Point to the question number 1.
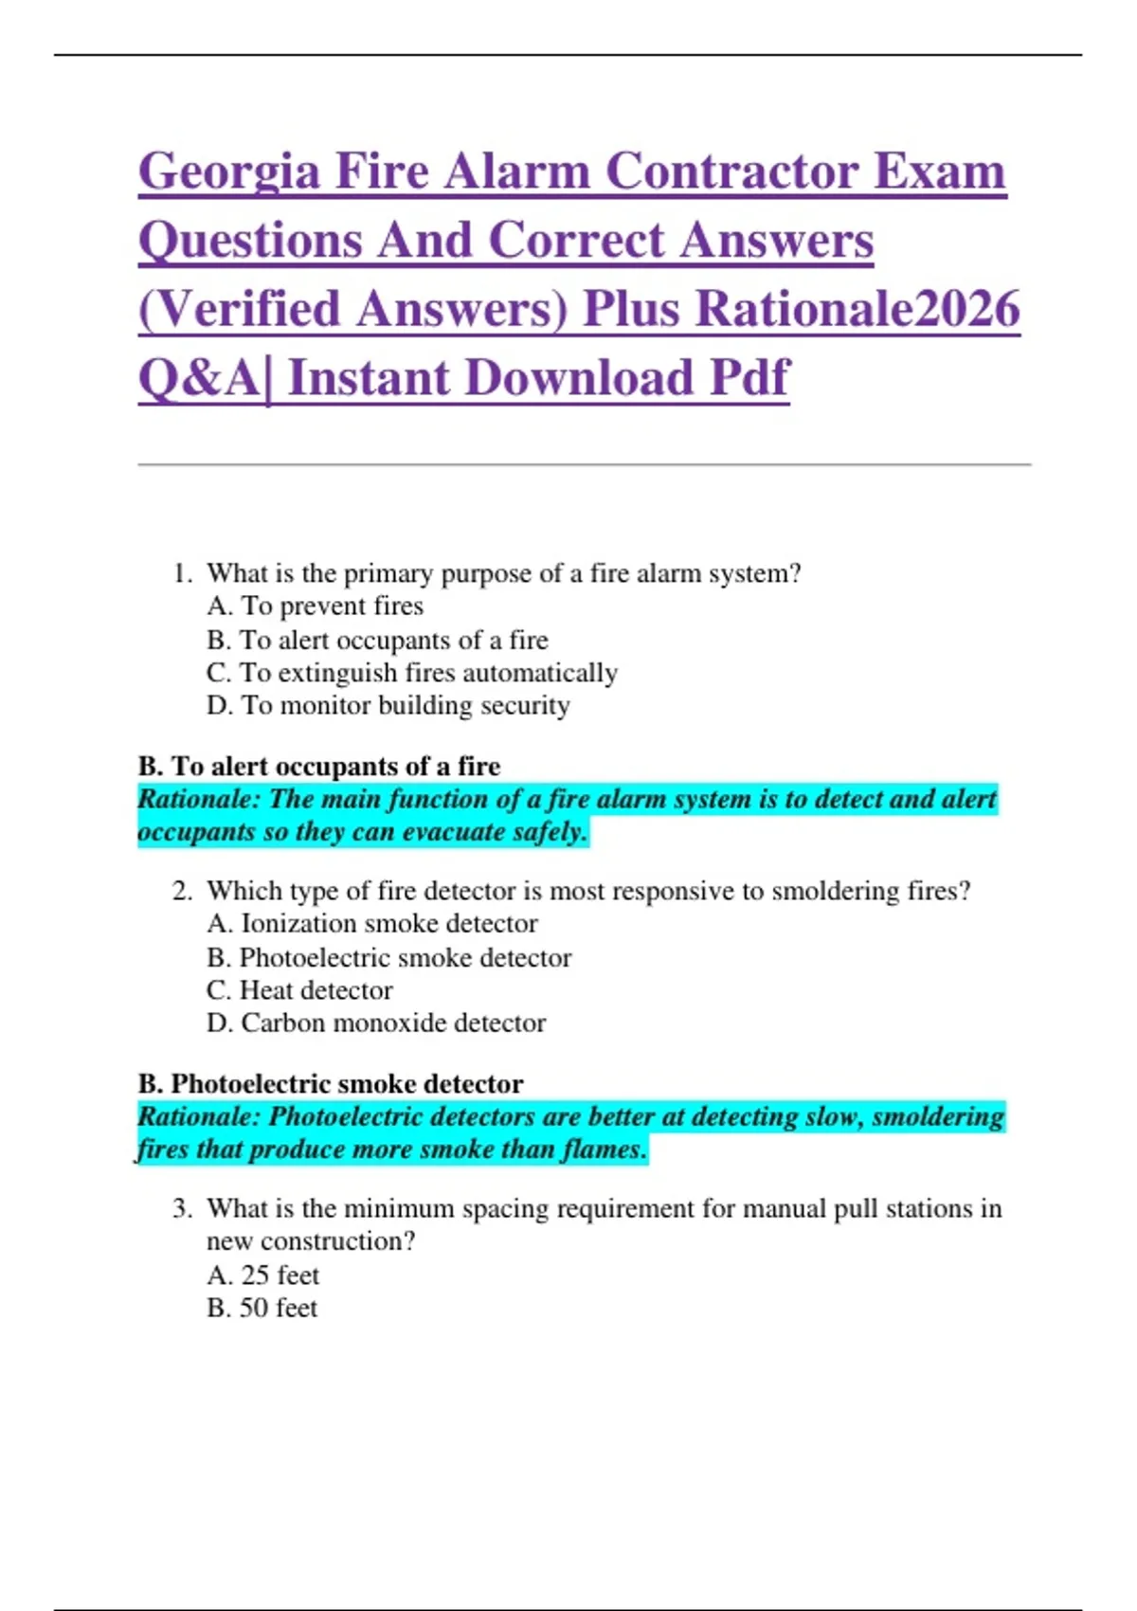(182, 573)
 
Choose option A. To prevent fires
(315, 606)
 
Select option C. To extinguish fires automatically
(411, 673)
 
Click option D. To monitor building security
(388, 706)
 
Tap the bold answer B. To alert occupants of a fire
(319, 766)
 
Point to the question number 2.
(182, 891)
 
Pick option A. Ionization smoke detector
(371, 924)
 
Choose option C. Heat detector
(299, 990)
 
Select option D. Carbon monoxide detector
(376, 1023)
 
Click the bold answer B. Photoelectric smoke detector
(331, 1083)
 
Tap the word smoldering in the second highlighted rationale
(937, 1116)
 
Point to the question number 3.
(182, 1208)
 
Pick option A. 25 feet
(262, 1276)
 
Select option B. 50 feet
(262, 1309)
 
